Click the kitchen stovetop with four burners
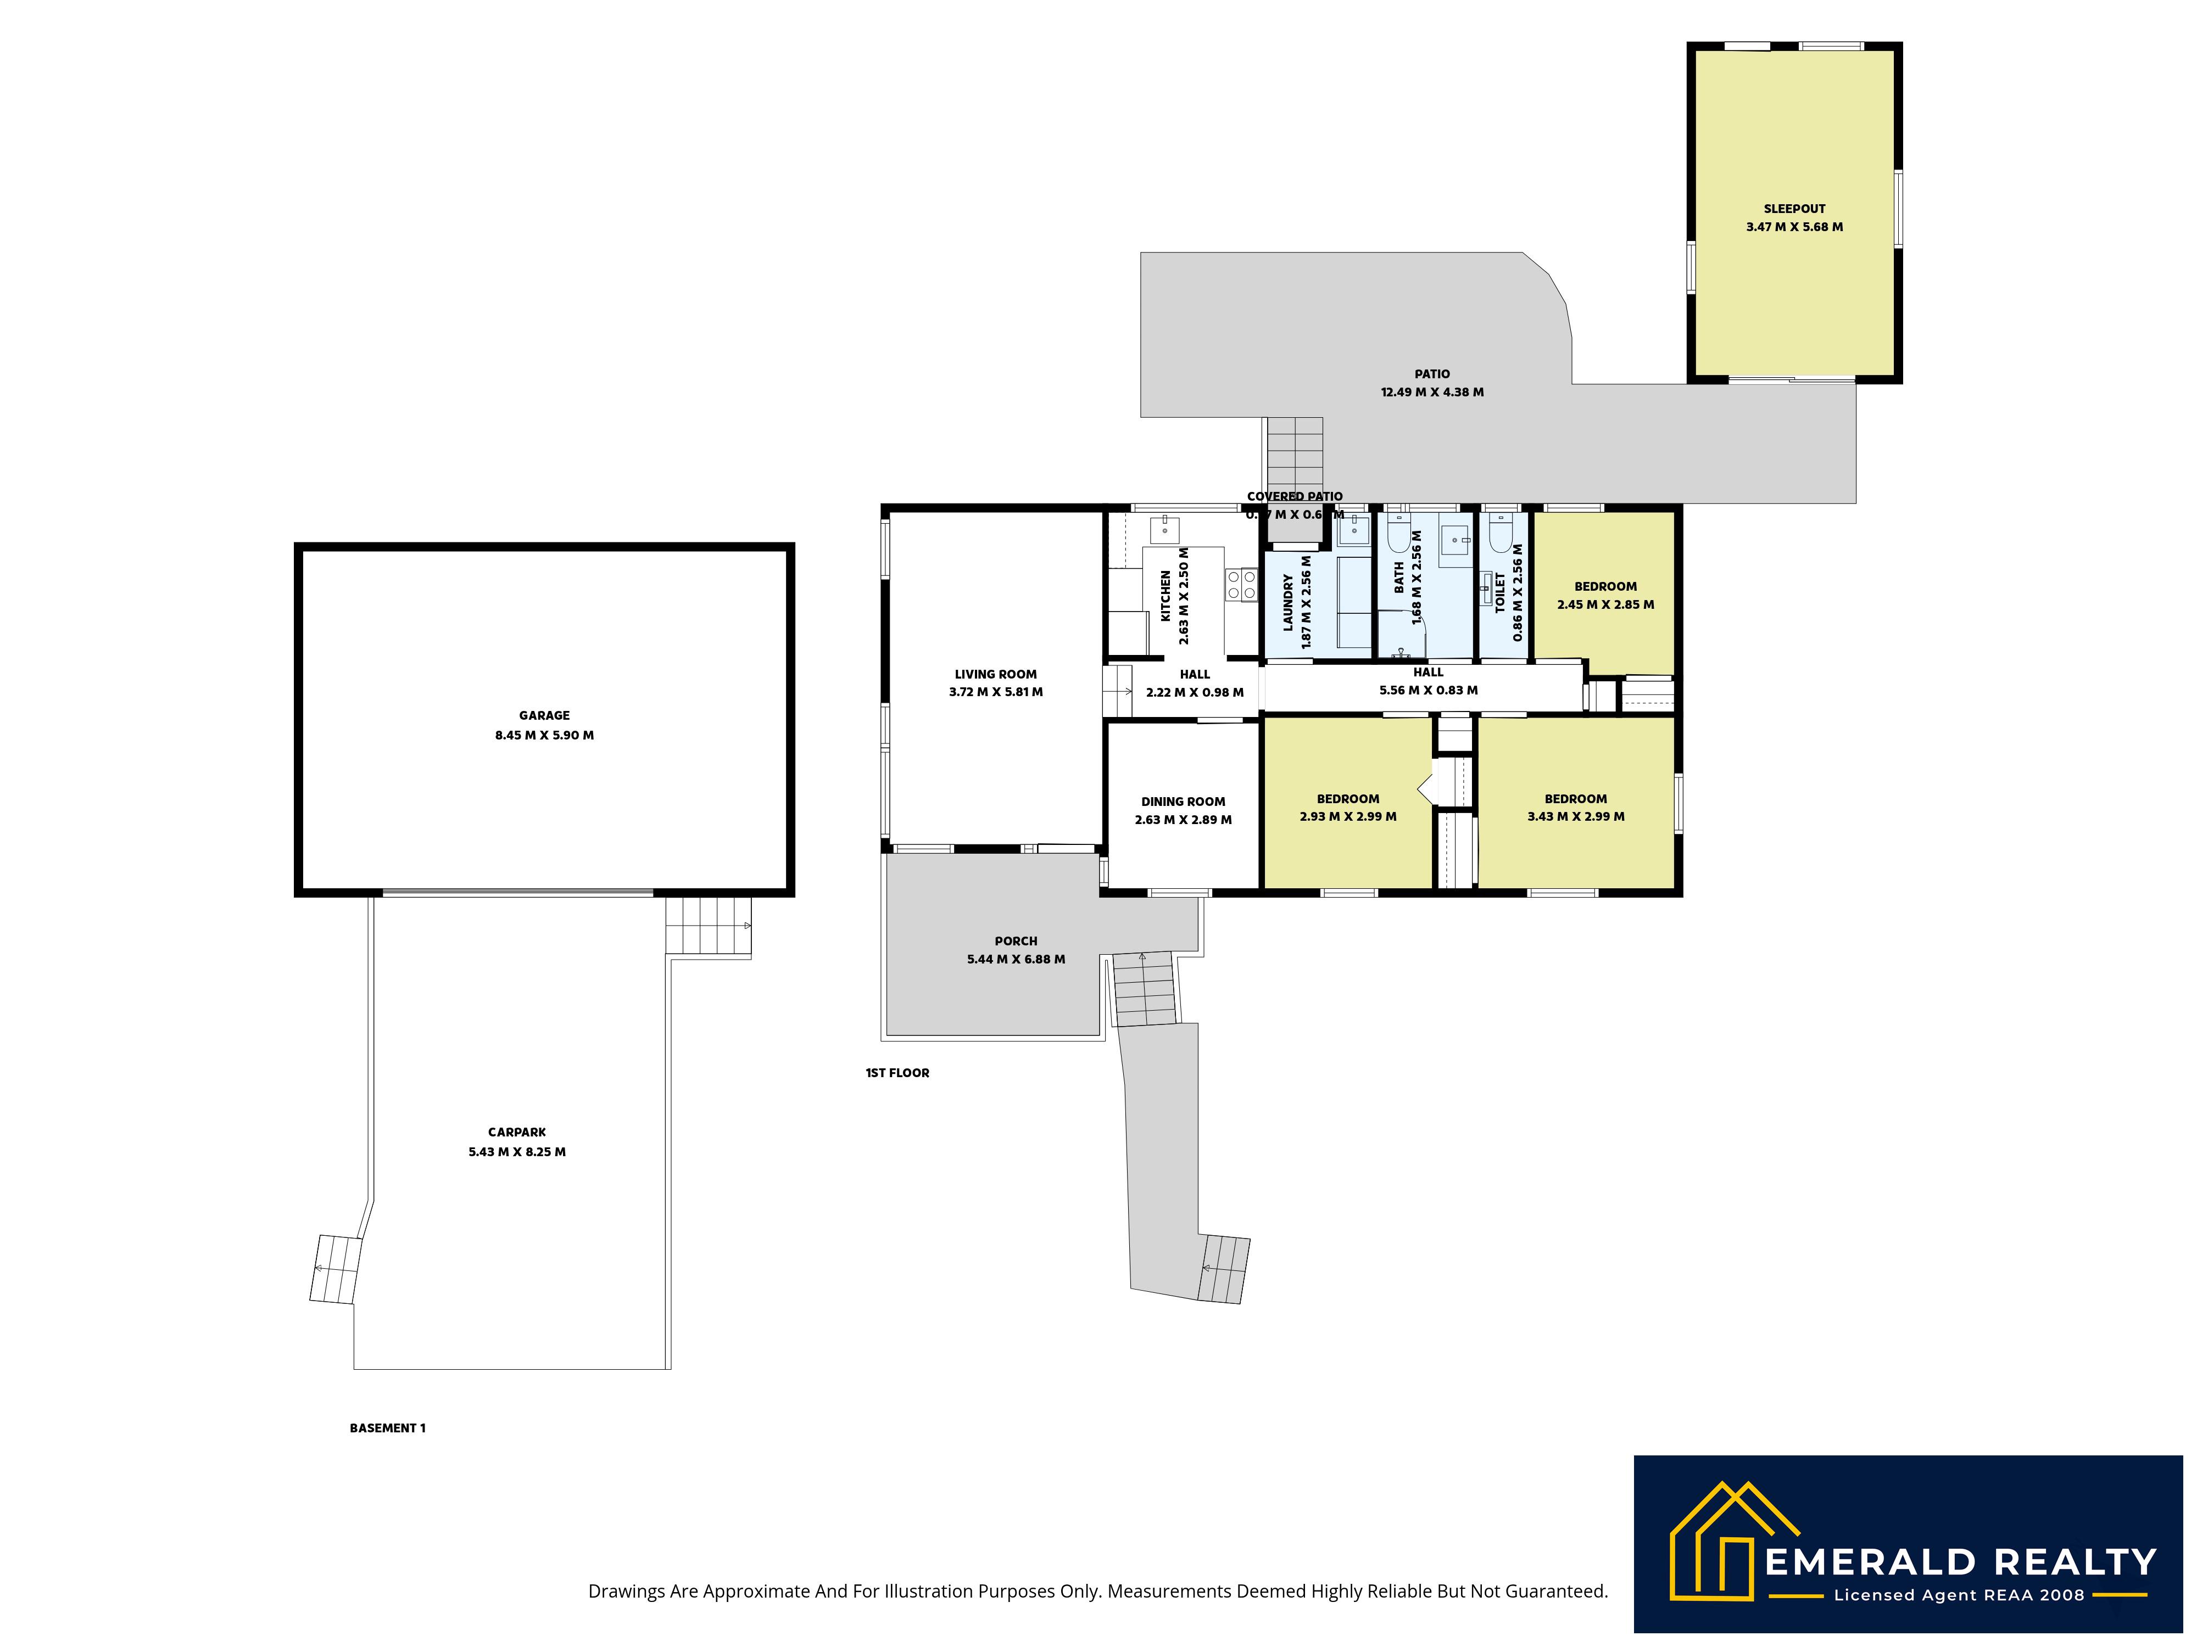(x=1241, y=584)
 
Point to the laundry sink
(x=1352, y=530)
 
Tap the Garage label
(x=544, y=715)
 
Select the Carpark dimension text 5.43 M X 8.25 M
(x=516, y=1152)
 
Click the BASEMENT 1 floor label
(x=387, y=1427)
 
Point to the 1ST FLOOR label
(x=897, y=1072)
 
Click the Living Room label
(x=995, y=674)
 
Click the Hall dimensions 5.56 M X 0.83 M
(x=1428, y=690)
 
